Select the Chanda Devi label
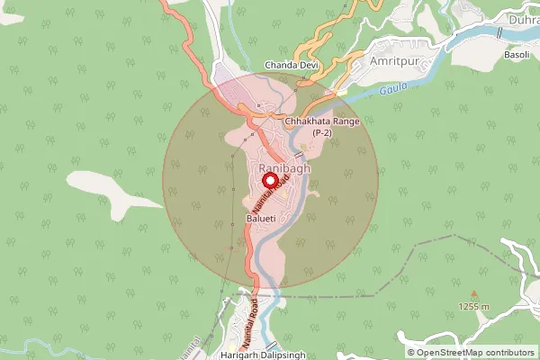[x=292, y=66]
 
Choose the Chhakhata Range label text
[x=321, y=121]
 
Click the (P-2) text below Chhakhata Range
[x=322, y=133]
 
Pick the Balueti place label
[x=264, y=219]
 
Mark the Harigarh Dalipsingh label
[x=274, y=355]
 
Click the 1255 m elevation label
[x=473, y=307]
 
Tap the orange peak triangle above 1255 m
[x=473, y=293]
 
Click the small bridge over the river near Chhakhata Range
[x=298, y=155]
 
